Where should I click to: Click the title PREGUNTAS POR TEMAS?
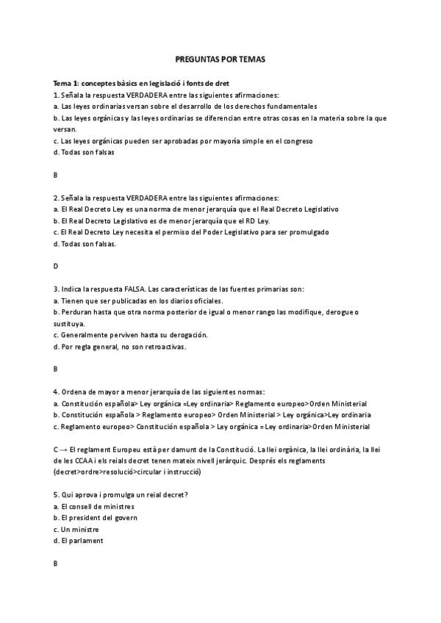pyautogui.click(x=220, y=58)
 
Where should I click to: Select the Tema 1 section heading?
pyautogui.click(x=146, y=83)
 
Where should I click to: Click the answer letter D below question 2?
pyautogui.click(x=56, y=266)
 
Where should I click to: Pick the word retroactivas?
pyautogui.click(x=165, y=346)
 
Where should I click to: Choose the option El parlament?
pyautogui.click(x=82, y=541)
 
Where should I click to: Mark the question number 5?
pyautogui.click(x=56, y=494)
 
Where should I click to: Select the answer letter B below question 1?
pyautogui.click(x=56, y=175)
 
